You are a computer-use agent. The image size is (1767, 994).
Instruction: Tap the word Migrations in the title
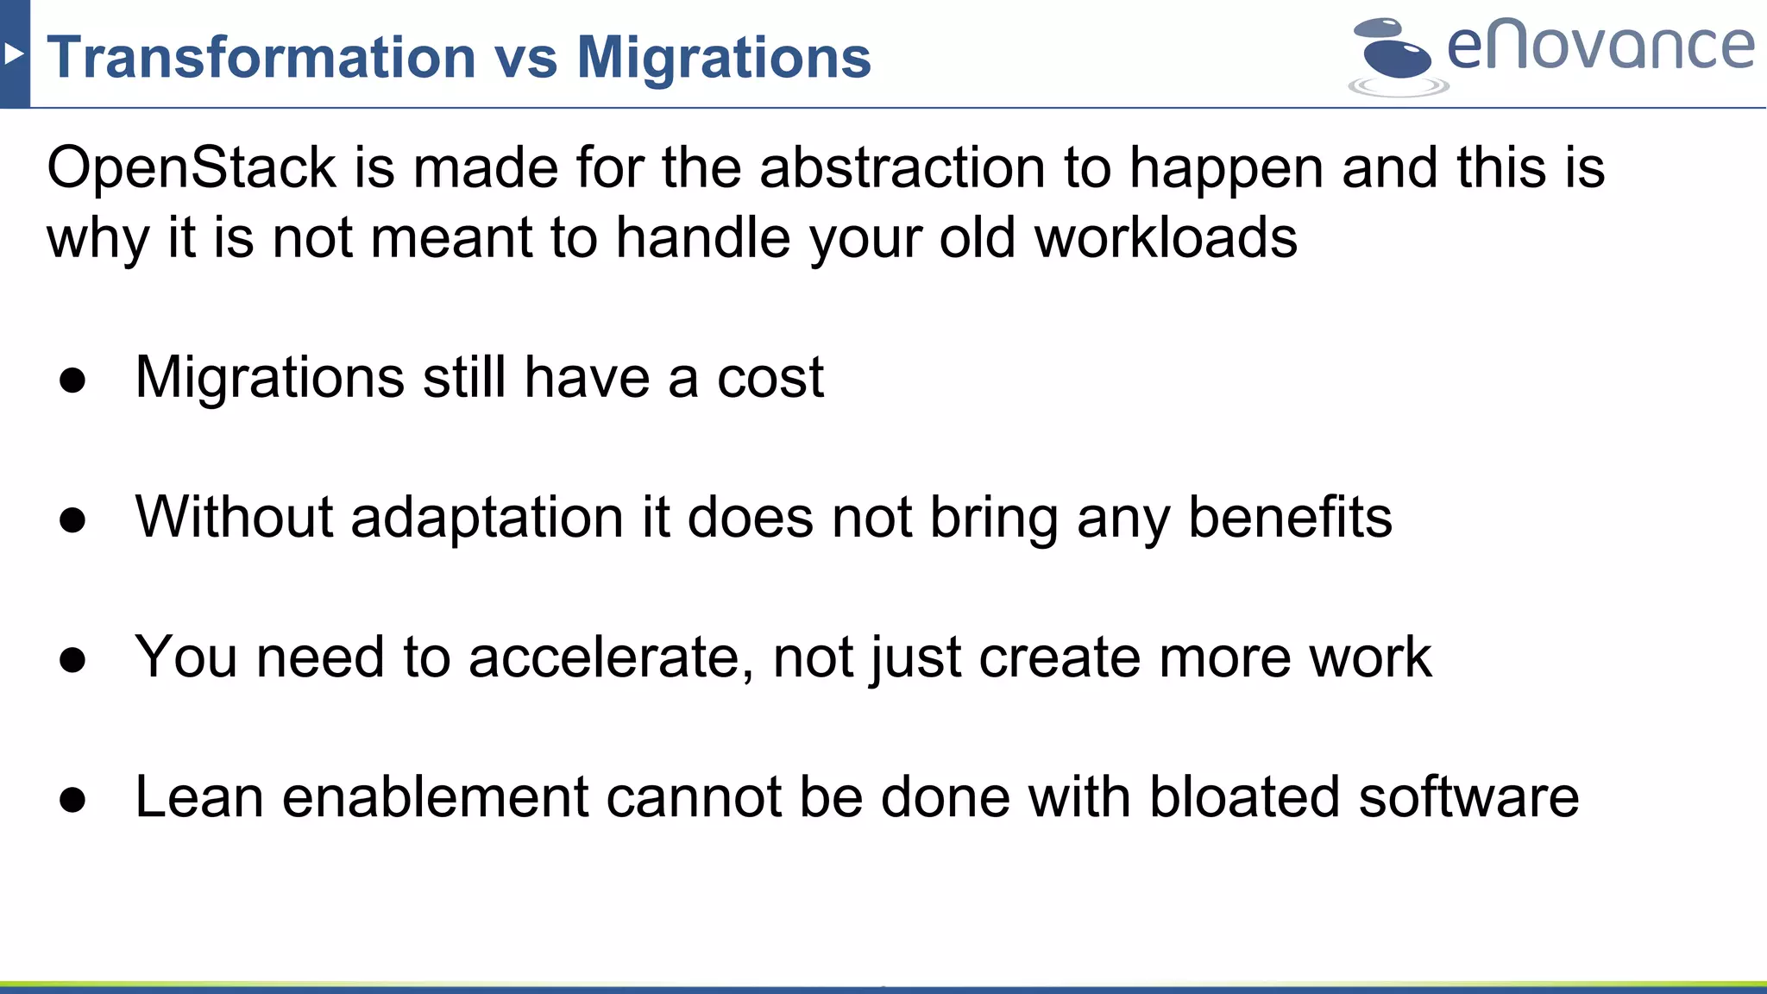click(x=723, y=58)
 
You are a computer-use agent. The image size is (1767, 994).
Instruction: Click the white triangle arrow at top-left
click(x=13, y=54)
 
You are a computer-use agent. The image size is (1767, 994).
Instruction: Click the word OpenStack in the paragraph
click(x=191, y=167)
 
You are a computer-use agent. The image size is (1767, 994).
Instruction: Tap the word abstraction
click(x=902, y=167)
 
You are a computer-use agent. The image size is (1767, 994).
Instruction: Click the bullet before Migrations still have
click(x=72, y=381)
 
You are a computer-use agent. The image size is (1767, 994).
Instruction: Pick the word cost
click(x=770, y=378)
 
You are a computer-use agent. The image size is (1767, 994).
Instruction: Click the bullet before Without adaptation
click(x=72, y=520)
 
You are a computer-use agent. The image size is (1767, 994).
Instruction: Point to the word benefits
click(x=1290, y=518)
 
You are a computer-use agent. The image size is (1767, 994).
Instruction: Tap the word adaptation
click(x=487, y=518)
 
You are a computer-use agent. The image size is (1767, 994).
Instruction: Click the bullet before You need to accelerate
click(x=72, y=660)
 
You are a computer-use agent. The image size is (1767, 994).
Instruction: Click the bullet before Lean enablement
click(x=72, y=800)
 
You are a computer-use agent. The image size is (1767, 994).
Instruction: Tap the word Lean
click(x=199, y=797)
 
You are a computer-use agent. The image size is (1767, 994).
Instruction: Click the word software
click(x=1468, y=797)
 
